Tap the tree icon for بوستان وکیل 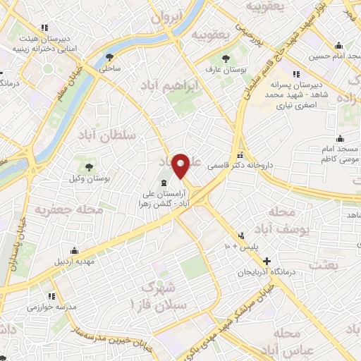pos(89,167)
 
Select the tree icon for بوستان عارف pos(225,59)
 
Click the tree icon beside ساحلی pos(109,58)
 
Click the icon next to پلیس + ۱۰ pos(243,235)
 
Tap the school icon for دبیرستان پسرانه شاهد pos(297,73)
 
